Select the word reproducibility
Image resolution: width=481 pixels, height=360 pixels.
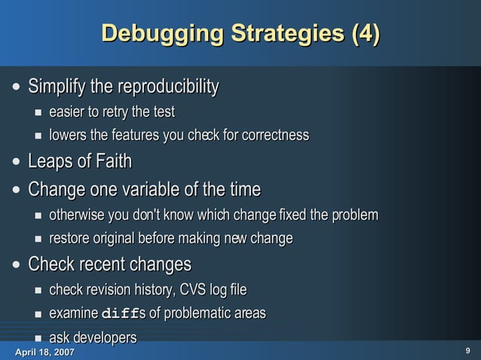click(x=155, y=87)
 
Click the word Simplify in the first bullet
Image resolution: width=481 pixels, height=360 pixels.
click(x=57, y=87)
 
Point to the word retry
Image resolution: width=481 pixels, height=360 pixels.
click(x=114, y=113)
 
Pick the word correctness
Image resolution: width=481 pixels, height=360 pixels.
click(x=271, y=136)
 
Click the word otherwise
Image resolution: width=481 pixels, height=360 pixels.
click(x=76, y=215)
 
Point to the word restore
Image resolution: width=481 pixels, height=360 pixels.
click(x=70, y=239)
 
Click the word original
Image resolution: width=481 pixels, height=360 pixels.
click(x=122, y=239)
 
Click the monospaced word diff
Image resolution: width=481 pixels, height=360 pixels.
click(x=120, y=313)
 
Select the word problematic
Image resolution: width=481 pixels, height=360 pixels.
click(x=192, y=313)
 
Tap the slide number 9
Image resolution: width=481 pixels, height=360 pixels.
click(x=467, y=351)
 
